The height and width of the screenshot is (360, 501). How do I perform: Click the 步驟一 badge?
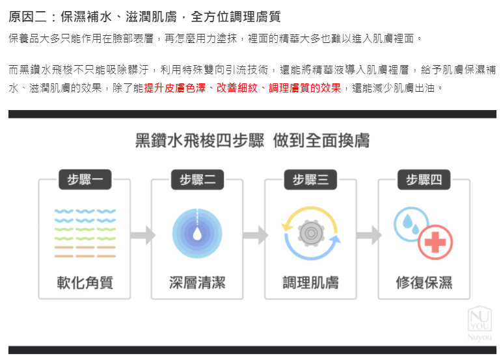point(85,180)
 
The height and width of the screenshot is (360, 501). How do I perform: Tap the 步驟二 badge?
point(197,180)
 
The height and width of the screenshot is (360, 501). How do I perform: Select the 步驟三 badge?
point(310,180)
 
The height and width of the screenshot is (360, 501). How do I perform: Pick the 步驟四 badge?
point(424,180)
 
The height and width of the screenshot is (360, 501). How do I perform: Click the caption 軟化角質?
point(85,283)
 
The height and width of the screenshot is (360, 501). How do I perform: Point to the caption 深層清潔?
point(197,283)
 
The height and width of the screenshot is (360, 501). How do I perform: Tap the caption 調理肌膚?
point(310,283)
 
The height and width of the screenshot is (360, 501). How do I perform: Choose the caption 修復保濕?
point(424,283)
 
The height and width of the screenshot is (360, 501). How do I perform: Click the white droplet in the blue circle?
point(197,234)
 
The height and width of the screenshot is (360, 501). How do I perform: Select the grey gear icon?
point(310,233)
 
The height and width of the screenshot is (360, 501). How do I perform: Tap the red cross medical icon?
point(435,242)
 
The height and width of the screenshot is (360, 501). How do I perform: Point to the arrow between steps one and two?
point(143,235)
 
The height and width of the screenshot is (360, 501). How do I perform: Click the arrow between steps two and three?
point(256,235)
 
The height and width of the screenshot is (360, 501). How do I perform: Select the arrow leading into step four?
point(369,235)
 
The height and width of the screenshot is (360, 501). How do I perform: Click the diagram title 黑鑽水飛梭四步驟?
point(200,141)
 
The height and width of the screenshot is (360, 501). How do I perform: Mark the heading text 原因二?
point(28,17)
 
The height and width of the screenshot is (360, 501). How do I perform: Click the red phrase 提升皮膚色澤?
point(175,88)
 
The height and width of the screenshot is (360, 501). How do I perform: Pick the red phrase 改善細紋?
point(237,88)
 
